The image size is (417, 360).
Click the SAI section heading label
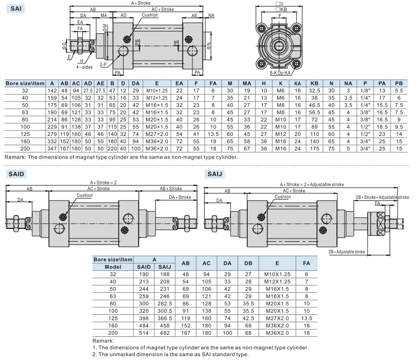[16, 9]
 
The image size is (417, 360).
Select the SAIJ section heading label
[214, 174]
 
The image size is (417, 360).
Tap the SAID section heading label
[16, 174]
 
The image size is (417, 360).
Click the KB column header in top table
[314, 83]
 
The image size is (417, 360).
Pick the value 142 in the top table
[52, 91]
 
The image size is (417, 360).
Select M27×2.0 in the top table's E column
[157, 134]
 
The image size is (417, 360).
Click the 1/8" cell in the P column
[365, 91]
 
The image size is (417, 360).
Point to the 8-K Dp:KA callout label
[280, 73]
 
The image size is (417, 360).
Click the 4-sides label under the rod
[84, 67]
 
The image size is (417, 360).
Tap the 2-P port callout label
[103, 64]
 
